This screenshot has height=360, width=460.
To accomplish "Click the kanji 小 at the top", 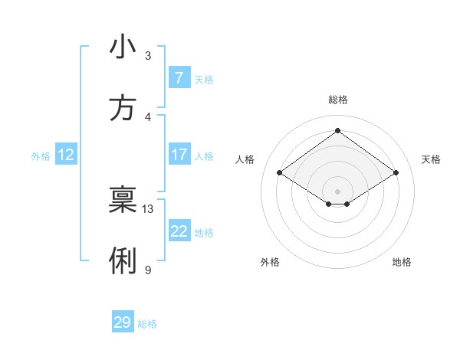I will [123, 47].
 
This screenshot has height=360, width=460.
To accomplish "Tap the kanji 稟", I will [123, 201].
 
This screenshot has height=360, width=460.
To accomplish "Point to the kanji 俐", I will [123, 261].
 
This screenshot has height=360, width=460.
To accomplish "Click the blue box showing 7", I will [179, 78].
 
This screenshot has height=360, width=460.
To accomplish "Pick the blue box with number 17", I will [179, 155].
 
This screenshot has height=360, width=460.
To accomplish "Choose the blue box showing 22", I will [179, 231].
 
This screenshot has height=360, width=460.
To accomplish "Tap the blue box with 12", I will [66, 155].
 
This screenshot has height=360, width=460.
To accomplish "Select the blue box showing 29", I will [123, 322].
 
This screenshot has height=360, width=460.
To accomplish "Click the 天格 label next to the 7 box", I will [204, 79].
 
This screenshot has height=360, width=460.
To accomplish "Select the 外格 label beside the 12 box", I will [41, 155].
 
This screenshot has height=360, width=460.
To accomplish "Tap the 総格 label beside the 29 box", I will [147, 323].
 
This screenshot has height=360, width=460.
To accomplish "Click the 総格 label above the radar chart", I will [338, 100].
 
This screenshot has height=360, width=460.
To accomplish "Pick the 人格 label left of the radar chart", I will [245, 159].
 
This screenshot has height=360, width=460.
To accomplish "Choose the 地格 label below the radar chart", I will [402, 262].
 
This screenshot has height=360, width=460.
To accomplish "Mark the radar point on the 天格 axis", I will [396, 173].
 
